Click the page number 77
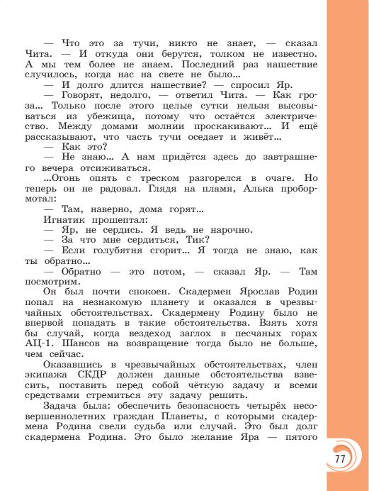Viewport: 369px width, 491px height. pos(340,458)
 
